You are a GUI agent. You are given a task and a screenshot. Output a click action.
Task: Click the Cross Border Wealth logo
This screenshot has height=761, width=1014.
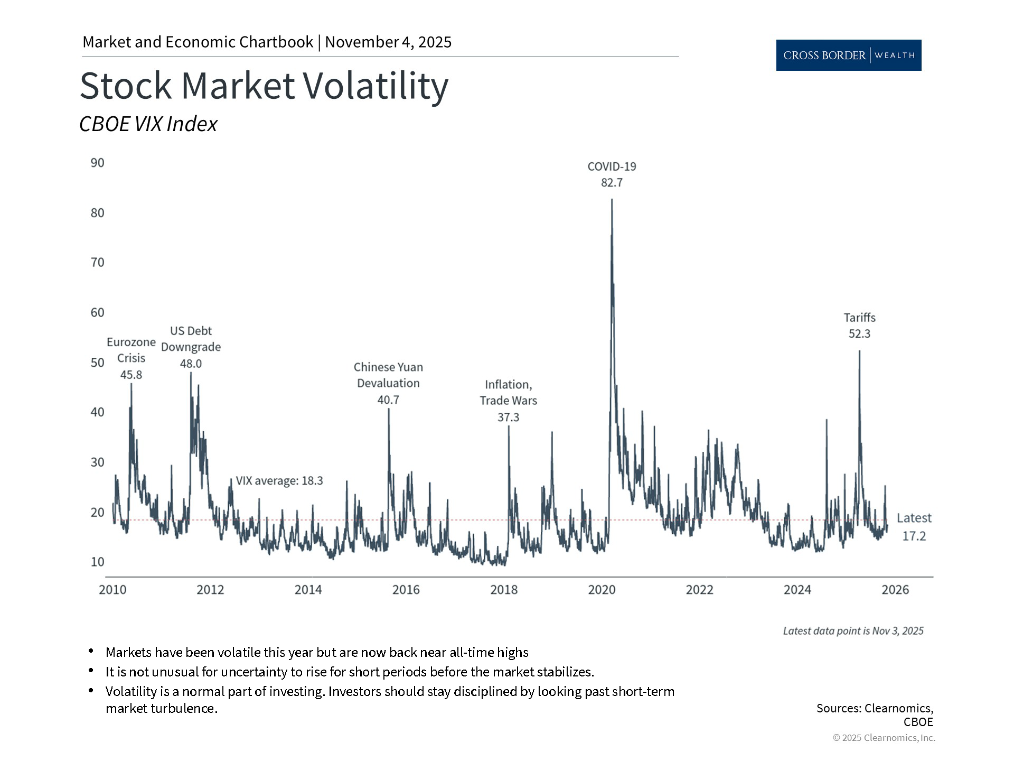coord(848,55)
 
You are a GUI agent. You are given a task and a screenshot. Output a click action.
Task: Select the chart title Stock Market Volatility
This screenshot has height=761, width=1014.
coord(264,86)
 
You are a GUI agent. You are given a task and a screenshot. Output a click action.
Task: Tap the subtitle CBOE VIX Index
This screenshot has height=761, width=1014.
coord(148,124)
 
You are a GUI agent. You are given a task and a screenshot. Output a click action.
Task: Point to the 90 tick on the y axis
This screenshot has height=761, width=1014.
coord(98,163)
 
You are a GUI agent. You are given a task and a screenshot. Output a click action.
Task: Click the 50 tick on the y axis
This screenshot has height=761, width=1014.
coord(98,363)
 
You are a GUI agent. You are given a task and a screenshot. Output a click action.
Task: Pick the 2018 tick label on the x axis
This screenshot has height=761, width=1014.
coord(504,590)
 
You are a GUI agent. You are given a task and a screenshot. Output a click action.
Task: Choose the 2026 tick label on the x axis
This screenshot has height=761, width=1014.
coord(895,590)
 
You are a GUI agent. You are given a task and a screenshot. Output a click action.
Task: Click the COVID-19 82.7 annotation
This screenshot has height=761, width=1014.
coord(612,174)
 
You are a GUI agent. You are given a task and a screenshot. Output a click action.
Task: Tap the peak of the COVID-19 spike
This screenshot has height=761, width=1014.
coord(612,200)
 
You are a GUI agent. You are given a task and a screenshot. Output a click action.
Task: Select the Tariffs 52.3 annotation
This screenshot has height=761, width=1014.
coord(859,326)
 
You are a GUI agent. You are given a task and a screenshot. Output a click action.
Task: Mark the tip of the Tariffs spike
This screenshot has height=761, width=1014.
coord(859,351)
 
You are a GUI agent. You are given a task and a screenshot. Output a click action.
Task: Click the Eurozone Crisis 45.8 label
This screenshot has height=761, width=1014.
coord(131,358)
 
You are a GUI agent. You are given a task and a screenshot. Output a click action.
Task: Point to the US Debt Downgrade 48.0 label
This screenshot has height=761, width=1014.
coord(191,347)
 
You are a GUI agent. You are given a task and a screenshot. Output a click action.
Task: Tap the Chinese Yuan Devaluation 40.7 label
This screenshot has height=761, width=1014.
coord(388,383)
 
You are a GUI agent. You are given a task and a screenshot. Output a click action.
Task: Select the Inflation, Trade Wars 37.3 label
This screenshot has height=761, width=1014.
coord(508,401)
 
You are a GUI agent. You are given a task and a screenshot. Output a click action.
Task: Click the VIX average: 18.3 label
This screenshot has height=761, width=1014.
coord(279,481)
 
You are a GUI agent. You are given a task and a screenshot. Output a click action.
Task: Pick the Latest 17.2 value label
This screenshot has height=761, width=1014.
coord(914,527)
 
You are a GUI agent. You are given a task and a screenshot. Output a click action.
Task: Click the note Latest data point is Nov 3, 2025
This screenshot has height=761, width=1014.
coord(853,631)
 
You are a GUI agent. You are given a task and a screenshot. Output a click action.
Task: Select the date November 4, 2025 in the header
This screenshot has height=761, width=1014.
coord(388,42)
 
